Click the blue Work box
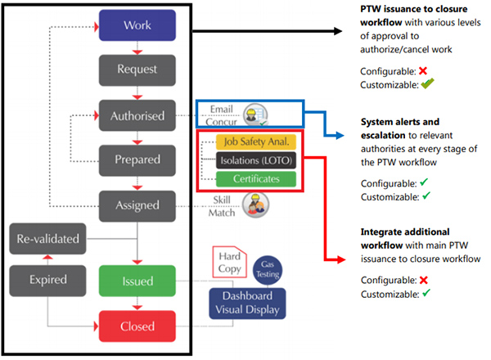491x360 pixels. point(137,25)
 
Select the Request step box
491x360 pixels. point(137,70)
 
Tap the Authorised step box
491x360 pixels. point(137,115)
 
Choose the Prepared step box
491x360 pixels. point(137,160)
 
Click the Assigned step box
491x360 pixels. point(137,205)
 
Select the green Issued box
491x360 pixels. point(137,281)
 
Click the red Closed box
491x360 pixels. point(137,326)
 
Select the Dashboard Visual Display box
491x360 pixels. point(246,302)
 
